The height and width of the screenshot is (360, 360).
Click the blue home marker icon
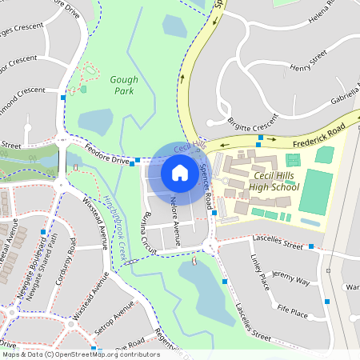click(180, 172)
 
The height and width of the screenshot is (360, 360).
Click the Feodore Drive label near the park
click(108, 161)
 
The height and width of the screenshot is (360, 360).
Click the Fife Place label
click(294, 310)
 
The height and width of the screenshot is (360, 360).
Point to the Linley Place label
click(260, 272)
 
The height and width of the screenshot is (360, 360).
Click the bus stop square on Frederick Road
click(260, 138)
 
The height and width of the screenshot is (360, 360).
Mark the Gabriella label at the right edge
click(345, 98)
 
